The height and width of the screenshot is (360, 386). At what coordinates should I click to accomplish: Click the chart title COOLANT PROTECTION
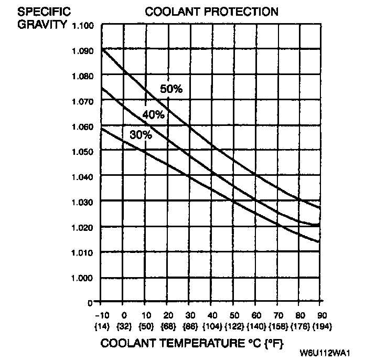[x=212, y=11]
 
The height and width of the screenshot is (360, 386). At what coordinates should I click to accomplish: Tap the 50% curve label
[x=171, y=89]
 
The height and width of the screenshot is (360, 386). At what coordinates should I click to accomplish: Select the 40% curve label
[x=154, y=114]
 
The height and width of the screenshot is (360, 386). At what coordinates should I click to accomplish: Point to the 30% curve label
[x=141, y=135]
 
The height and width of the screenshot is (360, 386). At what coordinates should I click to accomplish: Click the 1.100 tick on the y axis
[x=83, y=26]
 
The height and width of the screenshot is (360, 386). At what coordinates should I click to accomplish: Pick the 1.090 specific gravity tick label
[x=83, y=51]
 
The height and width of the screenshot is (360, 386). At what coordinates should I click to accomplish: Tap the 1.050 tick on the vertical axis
[x=83, y=152]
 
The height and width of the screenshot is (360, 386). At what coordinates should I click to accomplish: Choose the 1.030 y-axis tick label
[x=83, y=202]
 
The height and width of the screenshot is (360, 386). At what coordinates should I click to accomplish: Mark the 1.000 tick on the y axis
[x=83, y=278]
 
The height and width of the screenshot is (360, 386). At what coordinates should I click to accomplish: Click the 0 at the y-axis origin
[x=90, y=303]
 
